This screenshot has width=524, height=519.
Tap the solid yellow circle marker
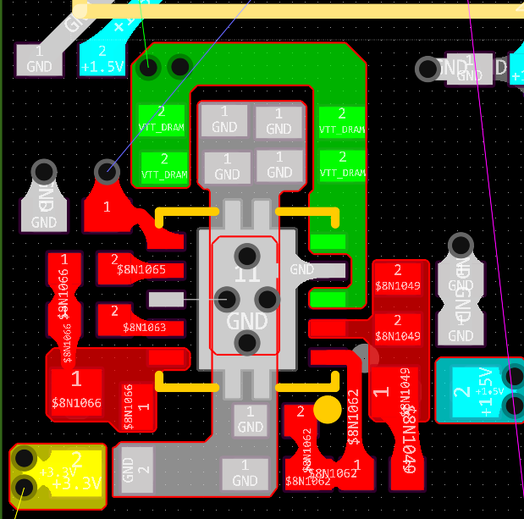(x=327, y=410)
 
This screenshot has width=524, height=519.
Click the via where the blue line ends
(x=106, y=172)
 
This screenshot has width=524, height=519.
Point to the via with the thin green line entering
(x=149, y=65)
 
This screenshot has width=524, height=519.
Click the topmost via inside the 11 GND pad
(x=247, y=255)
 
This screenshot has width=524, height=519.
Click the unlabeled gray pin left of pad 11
(x=165, y=299)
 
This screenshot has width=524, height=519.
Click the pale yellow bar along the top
(x=296, y=10)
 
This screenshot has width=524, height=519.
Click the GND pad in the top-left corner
(x=39, y=59)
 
